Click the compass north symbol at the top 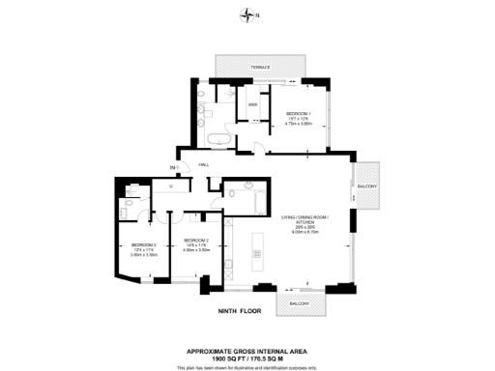coord(248,14)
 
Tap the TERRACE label coord(261,67)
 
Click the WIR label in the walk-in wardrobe coord(253,104)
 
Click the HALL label coord(204,165)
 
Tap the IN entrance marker coord(173,169)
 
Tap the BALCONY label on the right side coord(367,185)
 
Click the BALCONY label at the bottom coord(298,304)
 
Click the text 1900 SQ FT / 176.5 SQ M coord(247,359)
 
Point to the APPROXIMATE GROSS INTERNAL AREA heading coord(247,352)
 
